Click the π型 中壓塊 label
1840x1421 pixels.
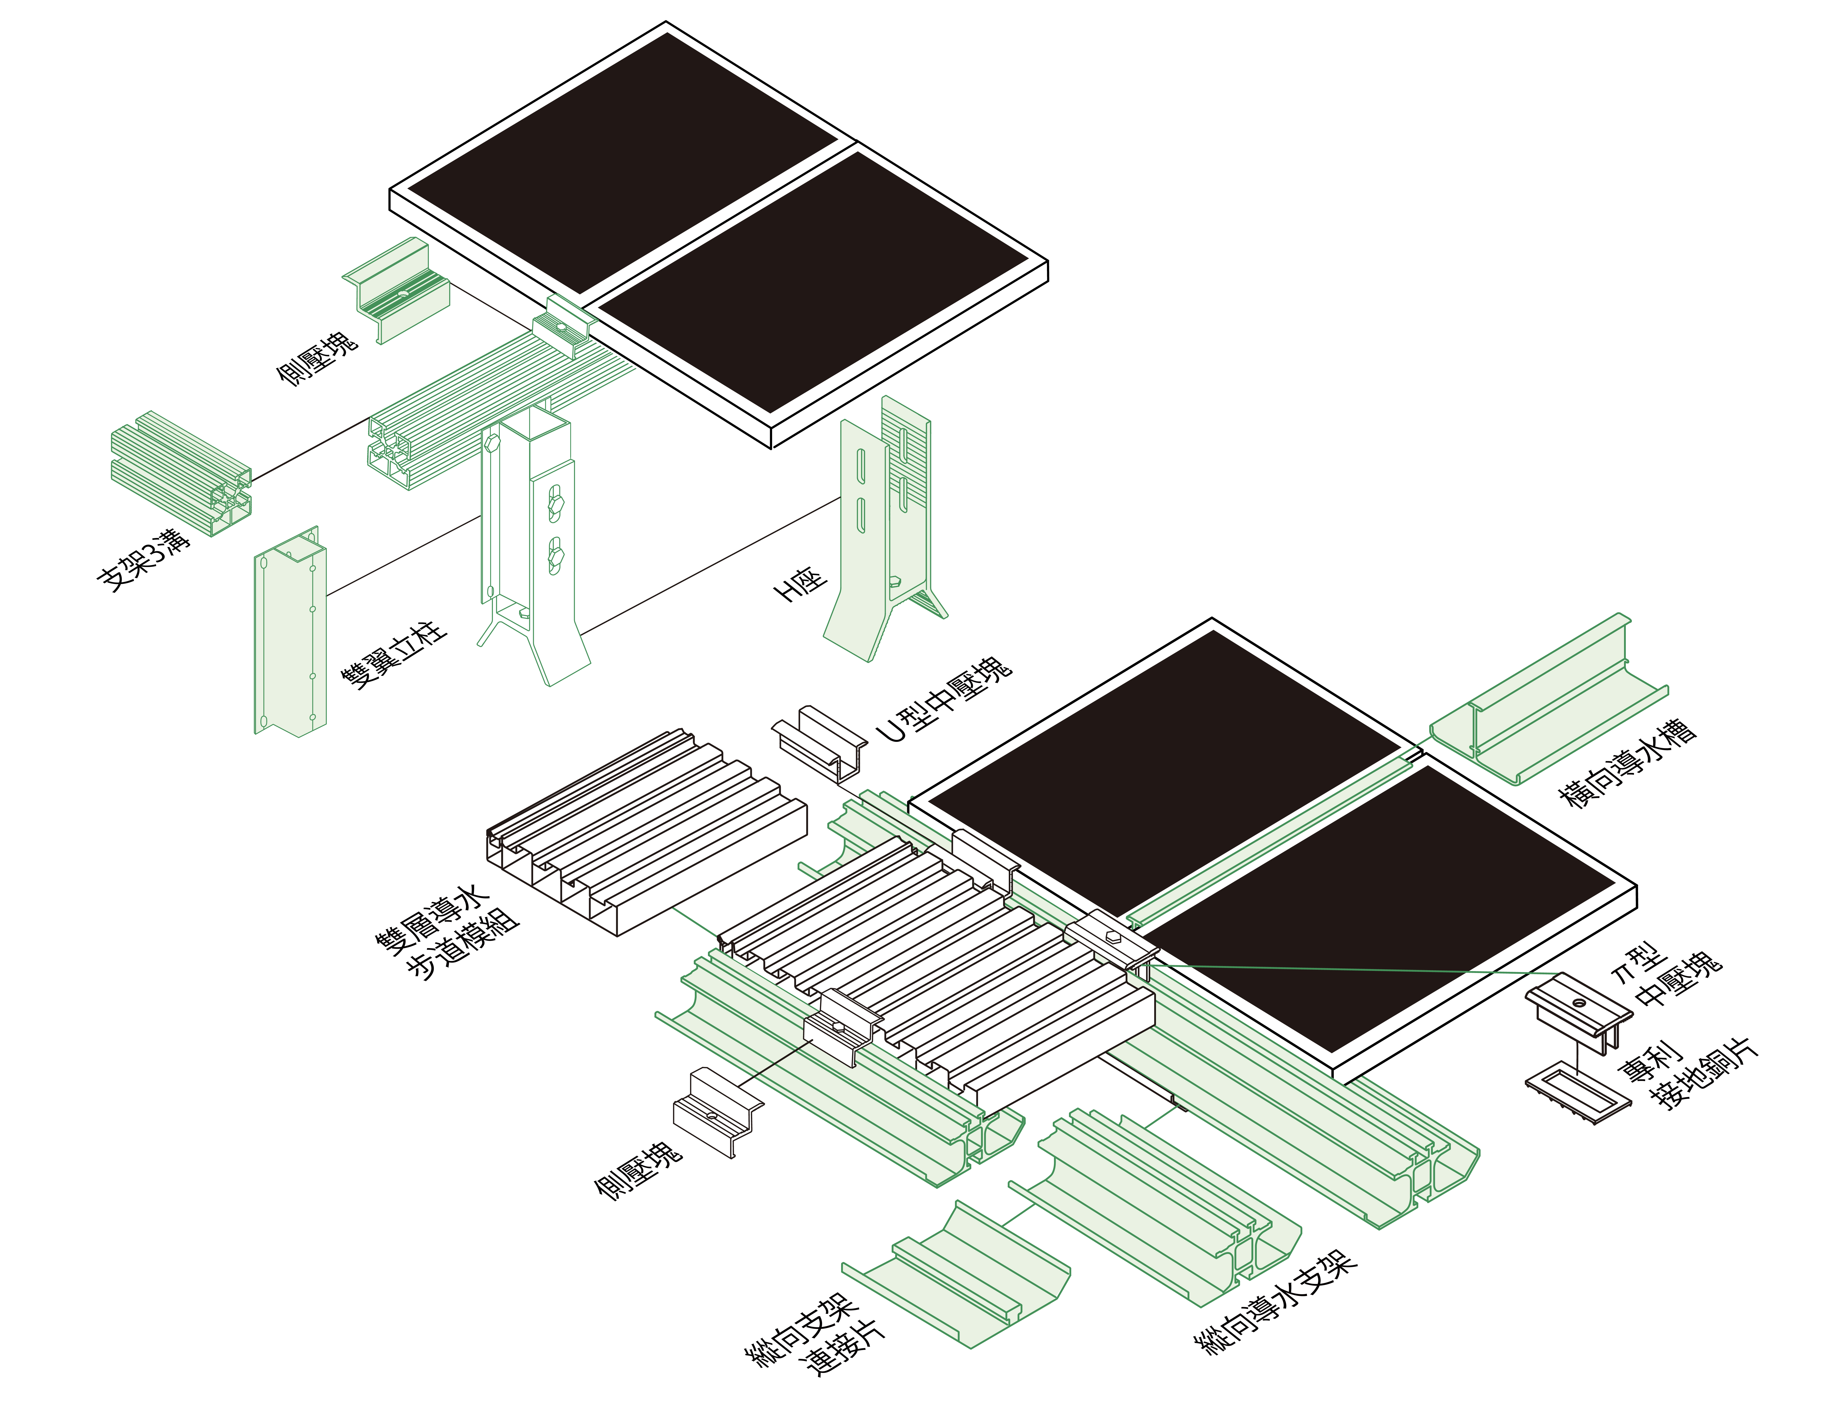1666,977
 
